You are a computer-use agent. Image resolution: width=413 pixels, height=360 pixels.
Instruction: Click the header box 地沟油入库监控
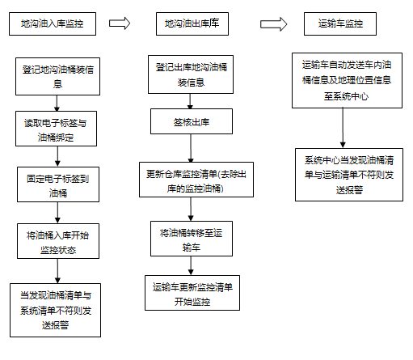pos(53,23)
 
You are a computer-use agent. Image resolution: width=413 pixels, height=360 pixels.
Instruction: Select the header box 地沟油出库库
pos(192,23)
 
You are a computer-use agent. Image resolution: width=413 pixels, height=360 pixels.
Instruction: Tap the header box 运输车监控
pos(340,23)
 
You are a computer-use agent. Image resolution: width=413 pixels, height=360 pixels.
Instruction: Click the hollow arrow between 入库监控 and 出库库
pos(120,23)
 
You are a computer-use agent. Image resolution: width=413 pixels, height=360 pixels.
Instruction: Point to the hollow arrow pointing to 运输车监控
pos(273,24)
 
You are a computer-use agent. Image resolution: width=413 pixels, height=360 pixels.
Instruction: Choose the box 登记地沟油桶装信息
pos(57,76)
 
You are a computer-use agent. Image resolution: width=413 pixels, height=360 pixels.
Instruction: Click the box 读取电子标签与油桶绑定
pos(56,129)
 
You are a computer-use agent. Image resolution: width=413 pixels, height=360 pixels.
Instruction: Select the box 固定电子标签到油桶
pos(58,184)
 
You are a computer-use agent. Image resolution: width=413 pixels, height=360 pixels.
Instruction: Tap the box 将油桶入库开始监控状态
pos(58,241)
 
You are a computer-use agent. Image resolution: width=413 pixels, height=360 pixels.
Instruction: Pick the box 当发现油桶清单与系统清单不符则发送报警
pos(56,310)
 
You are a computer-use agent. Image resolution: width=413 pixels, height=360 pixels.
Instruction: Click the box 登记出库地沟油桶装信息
pos(191,74)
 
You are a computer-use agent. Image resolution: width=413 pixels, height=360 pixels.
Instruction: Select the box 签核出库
pos(192,121)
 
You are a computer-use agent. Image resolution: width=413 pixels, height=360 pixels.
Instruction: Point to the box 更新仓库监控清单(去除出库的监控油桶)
pos(196,180)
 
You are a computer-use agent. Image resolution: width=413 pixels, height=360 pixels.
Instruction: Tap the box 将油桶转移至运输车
pos(192,239)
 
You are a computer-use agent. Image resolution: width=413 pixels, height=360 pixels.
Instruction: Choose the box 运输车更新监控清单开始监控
pos(192,293)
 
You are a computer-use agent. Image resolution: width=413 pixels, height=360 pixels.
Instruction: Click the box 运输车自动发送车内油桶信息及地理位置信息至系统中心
pos(348,80)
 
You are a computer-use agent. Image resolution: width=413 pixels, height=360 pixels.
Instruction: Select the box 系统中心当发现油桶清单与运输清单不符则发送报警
pos(349,175)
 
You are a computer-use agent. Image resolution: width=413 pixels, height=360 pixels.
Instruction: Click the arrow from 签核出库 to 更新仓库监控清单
pos(191,148)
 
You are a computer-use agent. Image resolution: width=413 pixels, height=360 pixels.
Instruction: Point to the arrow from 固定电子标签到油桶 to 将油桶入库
pos(57,213)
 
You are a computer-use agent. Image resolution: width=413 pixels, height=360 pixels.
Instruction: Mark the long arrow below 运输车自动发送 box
pos(343,128)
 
